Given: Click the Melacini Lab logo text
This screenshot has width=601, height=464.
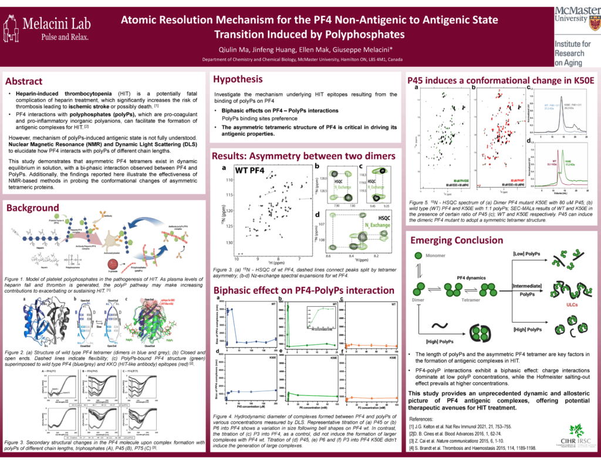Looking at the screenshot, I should (x=56, y=25).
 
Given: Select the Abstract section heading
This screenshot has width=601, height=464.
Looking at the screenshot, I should (x=24, y=81).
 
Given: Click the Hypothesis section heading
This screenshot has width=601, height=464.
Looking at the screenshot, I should (x=238, y=79).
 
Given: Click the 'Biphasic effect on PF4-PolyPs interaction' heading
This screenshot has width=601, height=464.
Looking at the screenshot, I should (x=299, y=289).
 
